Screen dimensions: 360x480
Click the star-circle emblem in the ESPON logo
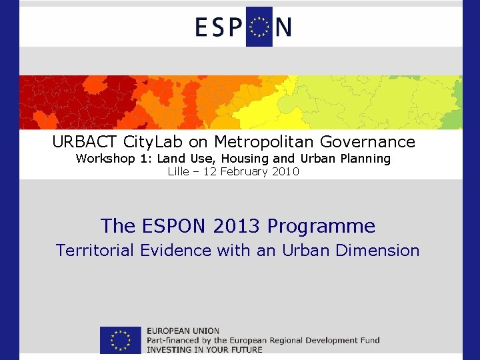click(x=259, y=27)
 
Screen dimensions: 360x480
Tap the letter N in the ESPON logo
click(x=283, y=27)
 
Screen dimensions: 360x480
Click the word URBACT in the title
click(x=85, y=142)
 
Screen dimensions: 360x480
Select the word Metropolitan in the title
click(x=266, y=142)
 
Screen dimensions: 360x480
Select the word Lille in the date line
click(x=178, y=172)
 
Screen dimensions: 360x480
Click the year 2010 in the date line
click(x=286, y=172)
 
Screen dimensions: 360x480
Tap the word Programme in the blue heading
click(x=321, y=227)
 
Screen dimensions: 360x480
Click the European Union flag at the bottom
click(x=121, y=340)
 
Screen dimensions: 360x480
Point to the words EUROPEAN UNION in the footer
click(x=183, y=331)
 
